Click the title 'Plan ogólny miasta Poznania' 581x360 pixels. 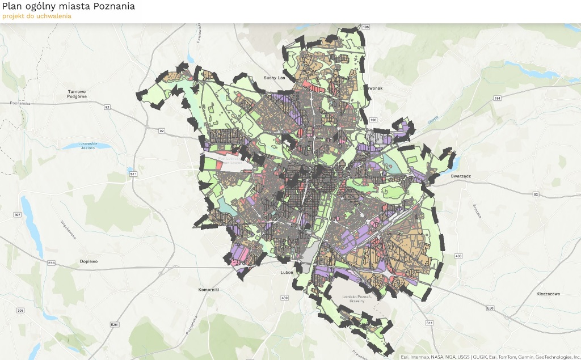click(69, 6)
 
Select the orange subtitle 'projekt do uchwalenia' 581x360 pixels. click(37, 16)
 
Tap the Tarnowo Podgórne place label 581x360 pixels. click(76, 94)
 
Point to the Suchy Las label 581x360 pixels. click(274, 78)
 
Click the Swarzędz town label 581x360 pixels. click(461, 176)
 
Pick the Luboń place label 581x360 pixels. click(286, 273)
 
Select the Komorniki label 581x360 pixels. click(209, 290)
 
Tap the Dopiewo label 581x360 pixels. click(89, 261)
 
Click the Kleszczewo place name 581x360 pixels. click(548, 294)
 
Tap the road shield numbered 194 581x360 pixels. click(498, 99)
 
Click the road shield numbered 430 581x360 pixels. click(284, 298)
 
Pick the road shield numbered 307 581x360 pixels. click(18, 215)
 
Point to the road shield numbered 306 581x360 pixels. click(20, 311)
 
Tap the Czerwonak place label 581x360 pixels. click(370, 88)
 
